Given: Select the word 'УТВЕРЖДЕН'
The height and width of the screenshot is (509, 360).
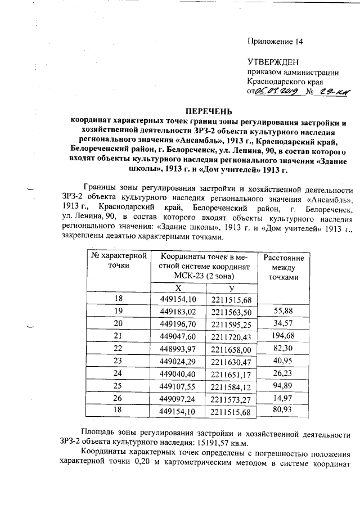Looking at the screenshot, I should tap(273, 62).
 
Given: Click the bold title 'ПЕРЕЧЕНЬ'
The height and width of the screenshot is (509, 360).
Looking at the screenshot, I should tap(209, 110).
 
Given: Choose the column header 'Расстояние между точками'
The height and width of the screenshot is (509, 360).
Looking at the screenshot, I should tap(283, 267).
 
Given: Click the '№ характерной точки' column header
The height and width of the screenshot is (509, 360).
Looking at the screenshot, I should tap(118, 260).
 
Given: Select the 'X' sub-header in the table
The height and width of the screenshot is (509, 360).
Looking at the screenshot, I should tap(178, 287).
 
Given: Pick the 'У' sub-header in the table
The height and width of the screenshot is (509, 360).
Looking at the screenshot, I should tap(231, 287).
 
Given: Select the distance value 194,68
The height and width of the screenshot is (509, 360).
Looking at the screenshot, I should tap(283, 336).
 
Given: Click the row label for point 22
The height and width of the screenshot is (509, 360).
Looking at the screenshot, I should tap(118, 349).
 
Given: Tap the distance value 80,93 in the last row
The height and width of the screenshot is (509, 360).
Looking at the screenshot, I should tap(283, 411).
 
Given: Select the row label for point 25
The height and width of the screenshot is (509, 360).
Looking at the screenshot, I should tap(118, 387).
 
